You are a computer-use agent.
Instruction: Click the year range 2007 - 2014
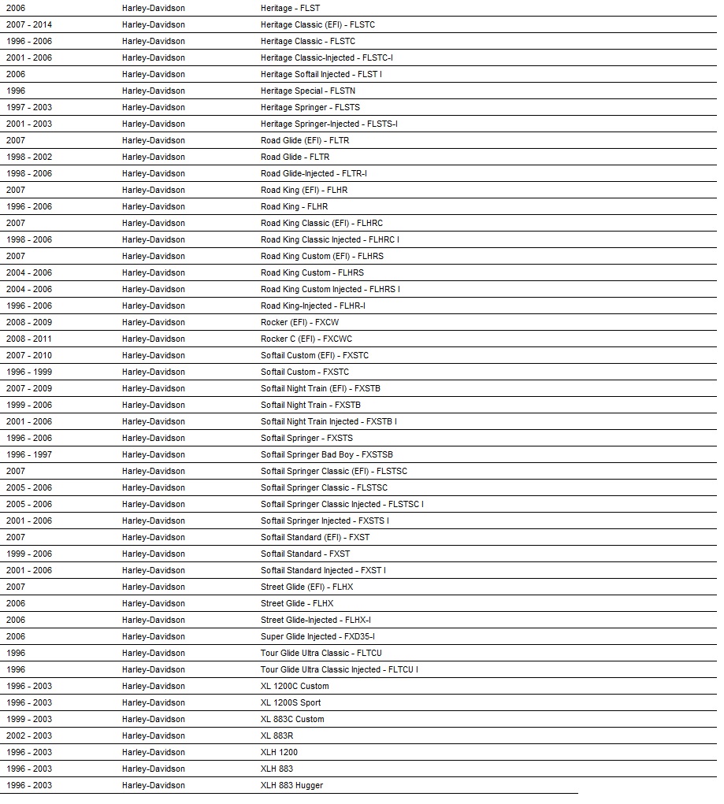click(x=29, y=24)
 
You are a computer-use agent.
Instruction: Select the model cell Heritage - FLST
click(x=290, y=8)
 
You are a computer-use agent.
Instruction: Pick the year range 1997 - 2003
click(x=29, y=107)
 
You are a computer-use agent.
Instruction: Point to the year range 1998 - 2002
click(x=29, y=157)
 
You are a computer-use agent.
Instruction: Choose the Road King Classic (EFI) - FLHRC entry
click(x=321, y=223)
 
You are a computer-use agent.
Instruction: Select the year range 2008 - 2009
click(x=29, y=322)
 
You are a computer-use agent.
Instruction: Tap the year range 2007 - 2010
click(x=29, y=355)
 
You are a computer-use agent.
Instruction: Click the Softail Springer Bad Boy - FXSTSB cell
click(x=327, y=454)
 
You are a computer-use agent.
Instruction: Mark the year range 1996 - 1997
click(x=29, y=454)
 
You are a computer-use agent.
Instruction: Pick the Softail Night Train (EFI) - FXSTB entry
click(x=321, y=388)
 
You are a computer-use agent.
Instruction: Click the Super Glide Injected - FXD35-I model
click(x=317, y=636)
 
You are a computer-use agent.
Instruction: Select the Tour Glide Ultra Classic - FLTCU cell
click(x=321, y=653)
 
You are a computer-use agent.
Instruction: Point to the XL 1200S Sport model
click(x=291, y=702)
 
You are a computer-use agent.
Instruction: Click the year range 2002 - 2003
click(x=29, y=735)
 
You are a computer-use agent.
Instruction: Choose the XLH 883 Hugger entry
click(x=291, y=785)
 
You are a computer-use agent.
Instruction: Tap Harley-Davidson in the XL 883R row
click(x=154, y=735)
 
